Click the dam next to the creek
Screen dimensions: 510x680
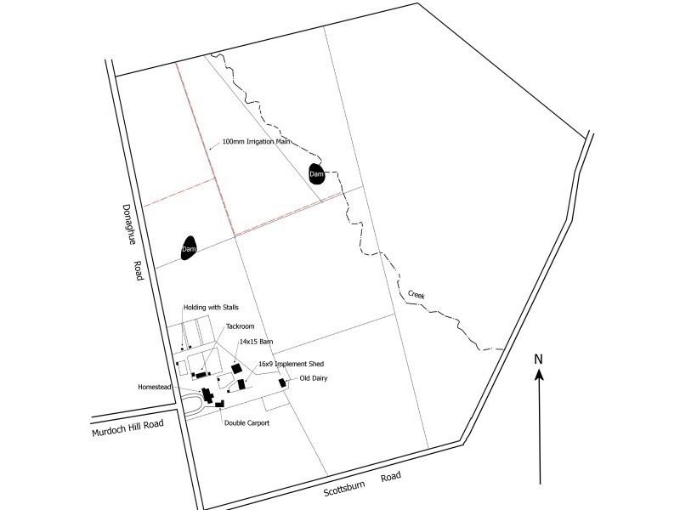316,173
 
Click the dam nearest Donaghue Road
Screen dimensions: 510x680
189,248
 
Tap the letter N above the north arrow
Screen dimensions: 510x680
538,359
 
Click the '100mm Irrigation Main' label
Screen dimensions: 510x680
256,142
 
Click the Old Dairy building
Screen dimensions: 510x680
282,383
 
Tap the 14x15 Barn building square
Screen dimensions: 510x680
236,368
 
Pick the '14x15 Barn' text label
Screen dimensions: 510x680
256,342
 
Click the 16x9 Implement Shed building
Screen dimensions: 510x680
241,385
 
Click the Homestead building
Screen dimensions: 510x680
207,395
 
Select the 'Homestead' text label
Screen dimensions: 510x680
155,387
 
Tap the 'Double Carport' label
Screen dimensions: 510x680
246,422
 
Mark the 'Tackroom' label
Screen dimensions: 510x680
241,326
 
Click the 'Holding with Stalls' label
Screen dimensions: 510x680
210,308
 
